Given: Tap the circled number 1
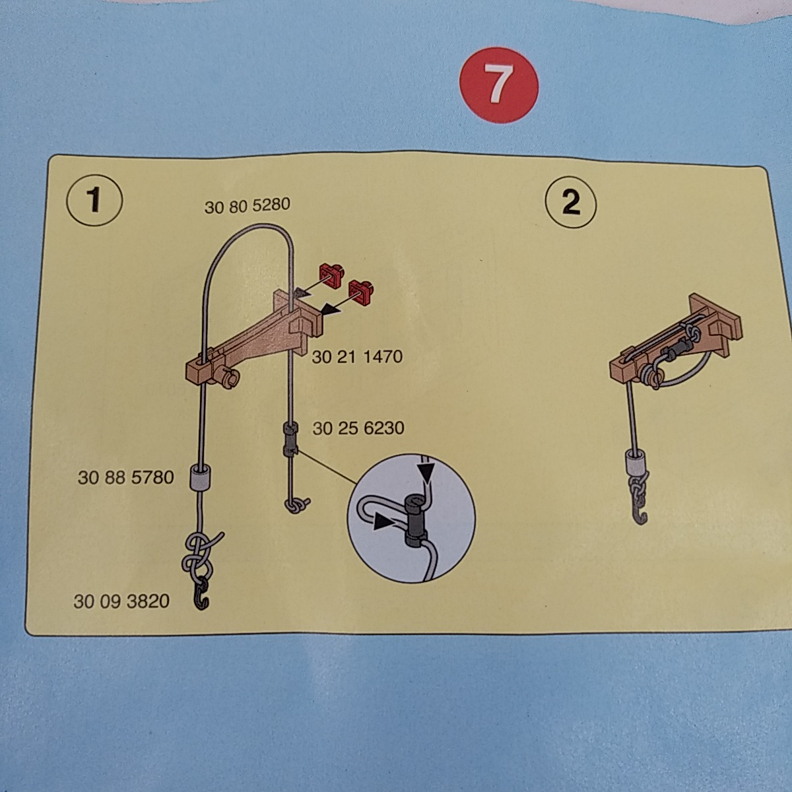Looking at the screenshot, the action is tap(94, 201).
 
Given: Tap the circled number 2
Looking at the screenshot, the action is tap(570, 202).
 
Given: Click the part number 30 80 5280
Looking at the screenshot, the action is tap(247, 205).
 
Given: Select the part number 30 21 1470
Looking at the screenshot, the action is tap(357, 357).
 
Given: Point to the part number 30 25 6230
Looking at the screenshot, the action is tap(358, 428).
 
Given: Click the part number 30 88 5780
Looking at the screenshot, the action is tap(126, 478).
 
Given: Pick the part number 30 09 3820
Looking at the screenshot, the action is tap(121, 602).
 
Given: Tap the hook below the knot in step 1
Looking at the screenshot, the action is tap(202, 593).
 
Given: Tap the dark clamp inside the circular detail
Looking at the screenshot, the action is tap(415, 520).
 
